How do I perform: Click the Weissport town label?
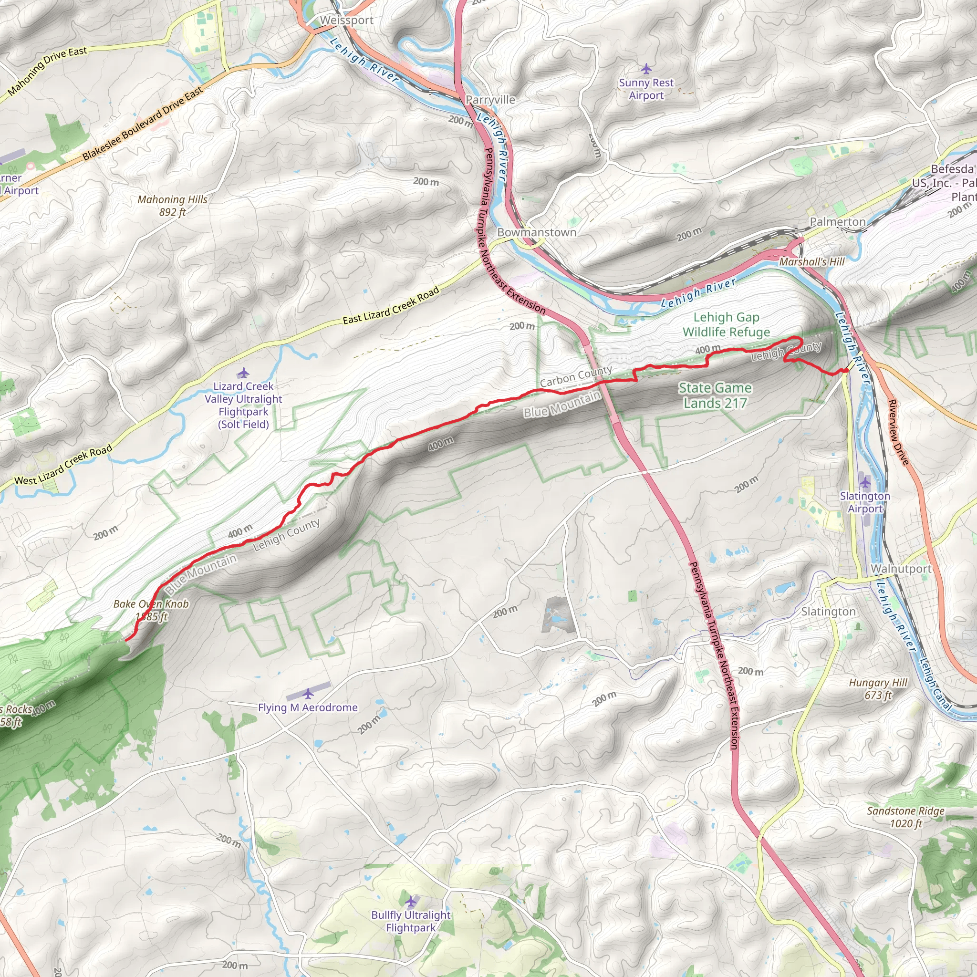pos(346,20)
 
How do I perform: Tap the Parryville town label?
pos(490,100)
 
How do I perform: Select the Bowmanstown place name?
pos(537,232)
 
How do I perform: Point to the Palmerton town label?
pos(837,221)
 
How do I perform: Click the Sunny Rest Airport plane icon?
pos(646,68)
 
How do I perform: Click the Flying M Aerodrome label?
pos(308,707)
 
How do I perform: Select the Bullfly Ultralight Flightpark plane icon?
pos(411,901)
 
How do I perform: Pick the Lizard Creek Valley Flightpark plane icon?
pos(243,373)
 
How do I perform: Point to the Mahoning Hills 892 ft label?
pos(172,205)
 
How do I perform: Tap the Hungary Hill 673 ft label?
pos(878,689)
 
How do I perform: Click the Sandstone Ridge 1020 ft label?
pos(906,817)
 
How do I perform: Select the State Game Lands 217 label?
pos(715,395)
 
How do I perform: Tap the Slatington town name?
pos(828,612)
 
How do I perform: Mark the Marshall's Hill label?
pos(811,261)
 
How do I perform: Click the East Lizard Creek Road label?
pos(391,306)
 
